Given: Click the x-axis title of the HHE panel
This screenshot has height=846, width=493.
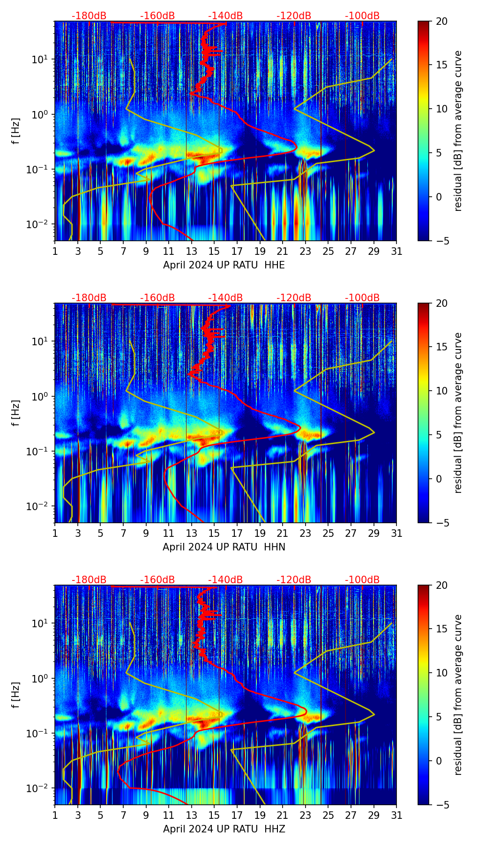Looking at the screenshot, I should coord(224,265).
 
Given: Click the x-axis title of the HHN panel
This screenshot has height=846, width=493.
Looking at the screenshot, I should coord(224,547).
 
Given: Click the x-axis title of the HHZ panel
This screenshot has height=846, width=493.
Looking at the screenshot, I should coord(224,829).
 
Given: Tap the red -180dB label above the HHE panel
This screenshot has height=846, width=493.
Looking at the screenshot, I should coord(89,16).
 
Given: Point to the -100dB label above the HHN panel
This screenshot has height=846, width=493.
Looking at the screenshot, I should coord(362,298).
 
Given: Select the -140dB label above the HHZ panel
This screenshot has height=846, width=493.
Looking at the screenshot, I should coord(225,580).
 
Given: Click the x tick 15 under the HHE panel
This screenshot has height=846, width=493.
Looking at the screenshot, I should coord(214,252).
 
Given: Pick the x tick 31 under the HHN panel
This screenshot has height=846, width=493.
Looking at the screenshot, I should coord(396,534).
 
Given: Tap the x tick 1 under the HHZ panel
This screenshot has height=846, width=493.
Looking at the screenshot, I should coord(55,816).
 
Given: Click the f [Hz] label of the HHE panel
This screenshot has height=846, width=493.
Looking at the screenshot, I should coord(16,131).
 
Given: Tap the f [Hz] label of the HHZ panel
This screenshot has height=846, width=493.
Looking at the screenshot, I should coord(16,695).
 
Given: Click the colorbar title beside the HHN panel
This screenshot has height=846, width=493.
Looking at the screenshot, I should coord(458,413).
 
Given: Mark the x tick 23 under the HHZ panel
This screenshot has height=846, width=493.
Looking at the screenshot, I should coord(305,816).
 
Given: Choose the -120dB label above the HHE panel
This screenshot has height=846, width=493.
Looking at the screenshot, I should coord(294,16).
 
